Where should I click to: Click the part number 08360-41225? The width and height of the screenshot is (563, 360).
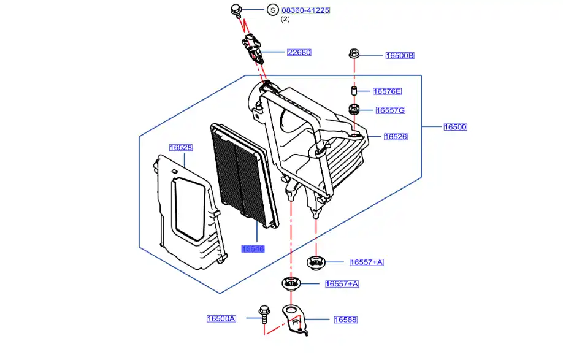click(305, 10)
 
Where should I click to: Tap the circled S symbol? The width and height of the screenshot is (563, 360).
click(272, 10)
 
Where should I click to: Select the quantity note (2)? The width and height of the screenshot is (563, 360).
click(285, 20)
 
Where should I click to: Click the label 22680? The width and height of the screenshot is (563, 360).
click(299, 52)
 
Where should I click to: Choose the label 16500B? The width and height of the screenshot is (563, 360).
click(400, 56)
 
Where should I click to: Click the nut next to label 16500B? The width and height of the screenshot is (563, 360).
click(354, 53)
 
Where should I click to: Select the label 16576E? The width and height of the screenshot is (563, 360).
click(387, 91)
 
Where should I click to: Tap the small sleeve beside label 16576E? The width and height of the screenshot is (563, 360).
click(354, 91)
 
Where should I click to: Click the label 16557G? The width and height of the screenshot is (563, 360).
click(390, 110)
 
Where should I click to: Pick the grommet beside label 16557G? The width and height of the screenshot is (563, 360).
click(354, 110)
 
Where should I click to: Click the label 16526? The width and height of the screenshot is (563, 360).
click(396, 137)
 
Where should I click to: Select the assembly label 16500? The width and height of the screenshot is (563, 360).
click(456, 128)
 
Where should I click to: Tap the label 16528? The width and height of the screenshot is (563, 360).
click(181, 148)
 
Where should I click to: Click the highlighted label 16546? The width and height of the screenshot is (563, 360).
click(253, 248)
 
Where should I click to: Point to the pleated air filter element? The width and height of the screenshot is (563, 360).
click(242, 178)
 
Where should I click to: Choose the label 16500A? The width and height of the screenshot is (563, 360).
click(221, 319)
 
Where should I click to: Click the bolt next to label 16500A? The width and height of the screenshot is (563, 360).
click(264, 314)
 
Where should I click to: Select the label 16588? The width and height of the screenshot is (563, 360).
click(345, 320)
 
